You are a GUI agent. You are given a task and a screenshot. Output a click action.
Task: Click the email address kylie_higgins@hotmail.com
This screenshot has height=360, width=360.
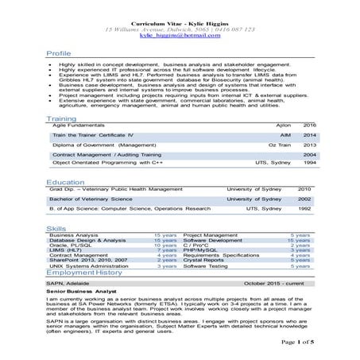[x=180, y=36]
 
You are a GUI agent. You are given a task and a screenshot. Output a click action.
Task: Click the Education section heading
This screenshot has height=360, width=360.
[x=66, y=182]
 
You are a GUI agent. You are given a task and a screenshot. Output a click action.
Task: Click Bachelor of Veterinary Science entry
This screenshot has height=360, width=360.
[x=92, y=199]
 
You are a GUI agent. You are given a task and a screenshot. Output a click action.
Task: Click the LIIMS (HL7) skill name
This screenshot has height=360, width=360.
[x=67, y=250]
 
